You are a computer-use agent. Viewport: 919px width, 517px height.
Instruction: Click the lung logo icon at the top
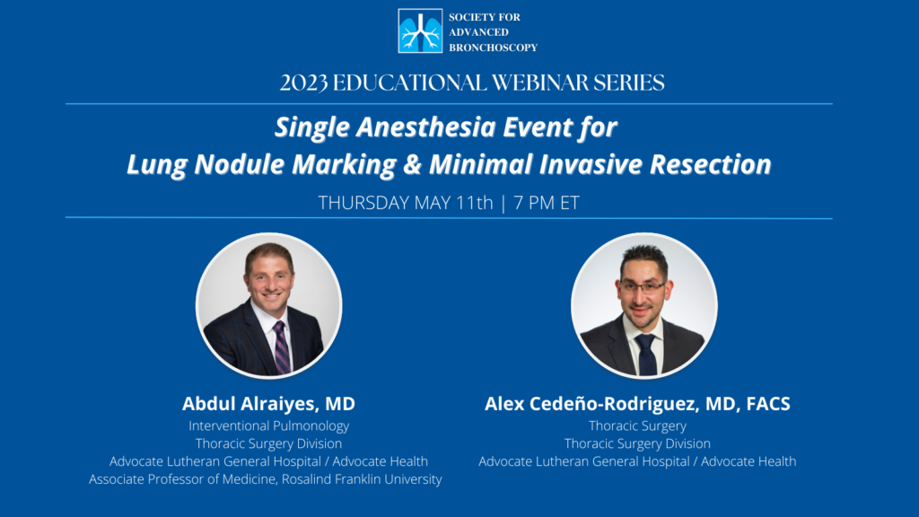point(420,31)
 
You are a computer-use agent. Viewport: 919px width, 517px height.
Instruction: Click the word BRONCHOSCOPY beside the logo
point(493,48)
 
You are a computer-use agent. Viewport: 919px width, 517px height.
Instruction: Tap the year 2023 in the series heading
point(303,83)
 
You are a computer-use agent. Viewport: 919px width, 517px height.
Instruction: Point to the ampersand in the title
point(413,164)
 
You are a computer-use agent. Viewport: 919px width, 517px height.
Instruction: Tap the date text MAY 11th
point(453,203)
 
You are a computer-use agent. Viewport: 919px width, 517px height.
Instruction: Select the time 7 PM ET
point(547,203)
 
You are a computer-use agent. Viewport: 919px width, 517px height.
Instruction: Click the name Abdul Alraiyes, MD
point(268,403)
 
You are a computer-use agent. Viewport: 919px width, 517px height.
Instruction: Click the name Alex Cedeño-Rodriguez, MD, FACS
point(637,403)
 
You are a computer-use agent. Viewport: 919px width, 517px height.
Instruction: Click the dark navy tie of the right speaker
point(647,355)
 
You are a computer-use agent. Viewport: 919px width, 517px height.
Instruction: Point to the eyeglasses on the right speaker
point(643,286)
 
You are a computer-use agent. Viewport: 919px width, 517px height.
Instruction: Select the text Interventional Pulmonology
point(268,426)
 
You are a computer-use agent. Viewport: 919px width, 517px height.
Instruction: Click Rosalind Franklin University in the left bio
point(362,479)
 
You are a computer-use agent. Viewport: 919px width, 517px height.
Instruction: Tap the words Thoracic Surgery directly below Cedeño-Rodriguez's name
point(637,426)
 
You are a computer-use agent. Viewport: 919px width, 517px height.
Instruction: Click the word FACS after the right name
point(768,403)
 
